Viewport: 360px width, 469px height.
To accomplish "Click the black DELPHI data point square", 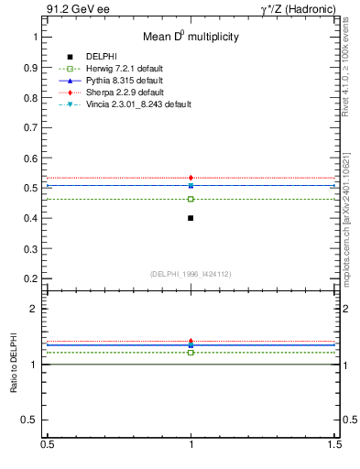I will pyautogui.click(x=191, y=218).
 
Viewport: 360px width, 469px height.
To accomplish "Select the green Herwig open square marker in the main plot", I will pyautogui.click(x=191, y=199).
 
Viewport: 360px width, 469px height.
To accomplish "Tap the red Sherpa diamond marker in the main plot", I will pyautogui.click(x=191, y=178).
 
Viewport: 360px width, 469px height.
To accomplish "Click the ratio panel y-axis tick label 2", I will pyautogui.click(x=34, y=309).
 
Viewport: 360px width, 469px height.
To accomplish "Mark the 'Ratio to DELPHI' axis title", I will pyautogui.click(x=15, y=365).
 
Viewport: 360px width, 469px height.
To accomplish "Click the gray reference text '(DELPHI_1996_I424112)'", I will pyautogui.click(x=191, y=273).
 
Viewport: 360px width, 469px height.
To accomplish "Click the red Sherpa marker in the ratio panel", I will pyautogui.click(x=191, y=341).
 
